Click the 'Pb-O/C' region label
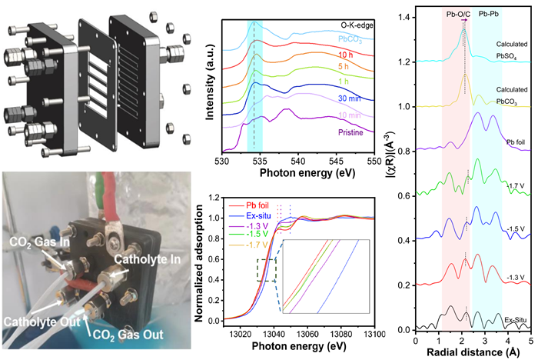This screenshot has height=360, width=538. pos(458,15)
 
